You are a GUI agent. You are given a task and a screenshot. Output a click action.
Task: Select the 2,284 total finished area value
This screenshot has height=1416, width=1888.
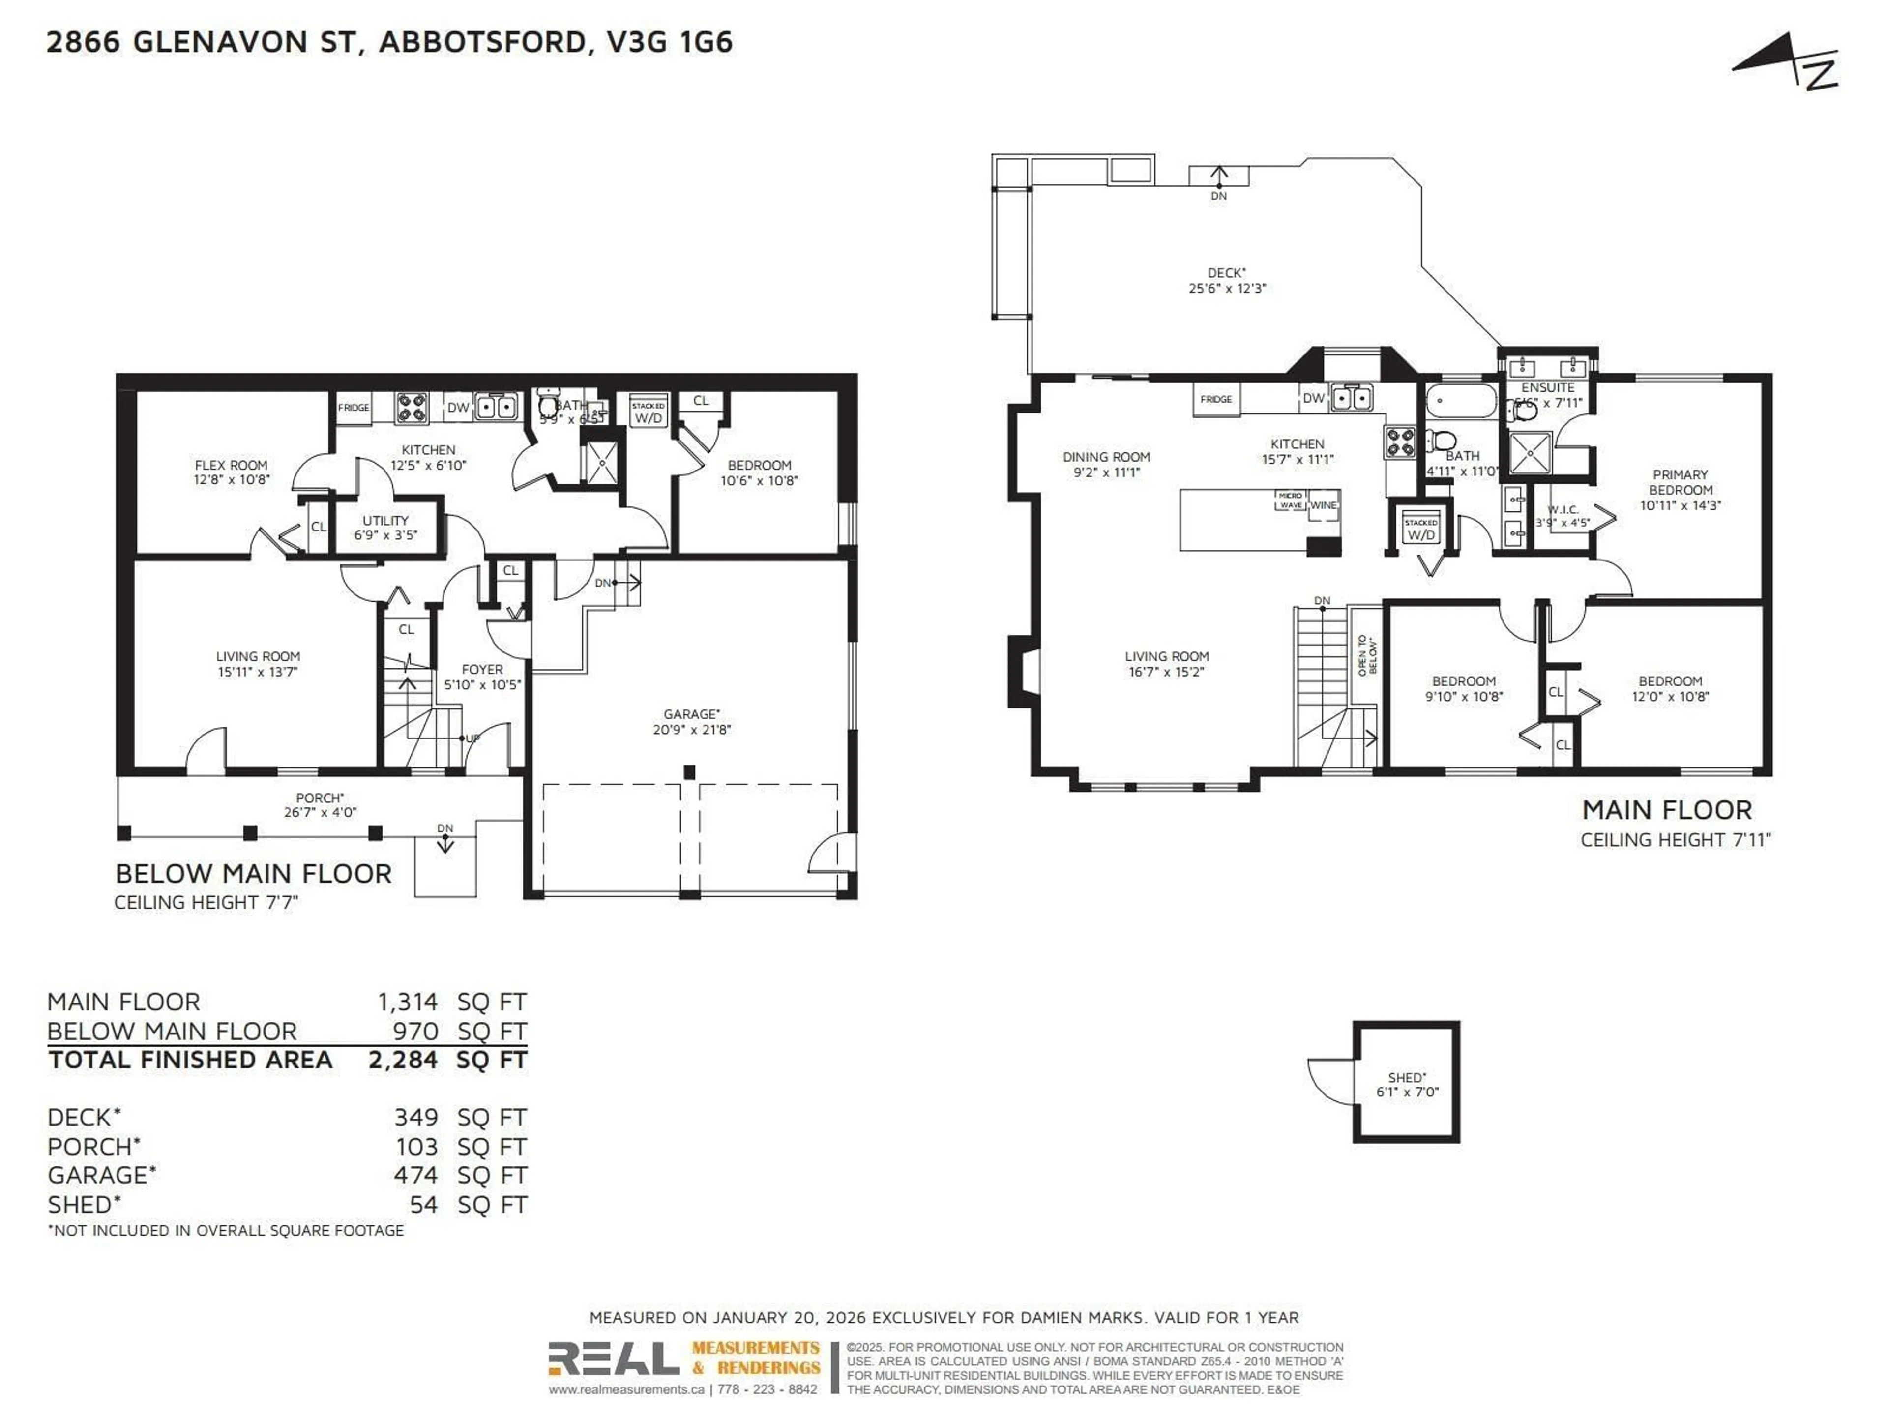pyautogui.click(x=403, y=1060)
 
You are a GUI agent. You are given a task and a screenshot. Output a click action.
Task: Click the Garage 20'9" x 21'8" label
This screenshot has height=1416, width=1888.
pyautogui.click(x=691, y=721)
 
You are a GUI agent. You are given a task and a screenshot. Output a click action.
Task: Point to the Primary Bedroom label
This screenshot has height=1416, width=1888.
pyautogui.click(x=1680, y=489)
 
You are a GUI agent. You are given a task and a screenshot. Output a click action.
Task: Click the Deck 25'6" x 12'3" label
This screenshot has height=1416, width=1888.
pyautogui.click(x=1227, y=280)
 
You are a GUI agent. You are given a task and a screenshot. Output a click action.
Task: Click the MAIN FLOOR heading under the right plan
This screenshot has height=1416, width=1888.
pyautogui.click(x=1666, y=809)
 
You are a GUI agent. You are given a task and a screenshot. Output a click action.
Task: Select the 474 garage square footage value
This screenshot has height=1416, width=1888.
pyautogui.click(x=415, y=1175)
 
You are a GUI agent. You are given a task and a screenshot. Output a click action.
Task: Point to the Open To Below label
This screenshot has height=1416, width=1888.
pyautogui.click(x=1366, y=655)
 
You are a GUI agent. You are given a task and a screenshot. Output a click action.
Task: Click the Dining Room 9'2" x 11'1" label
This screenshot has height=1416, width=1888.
pyautogui.click(x=1106, y=464)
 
